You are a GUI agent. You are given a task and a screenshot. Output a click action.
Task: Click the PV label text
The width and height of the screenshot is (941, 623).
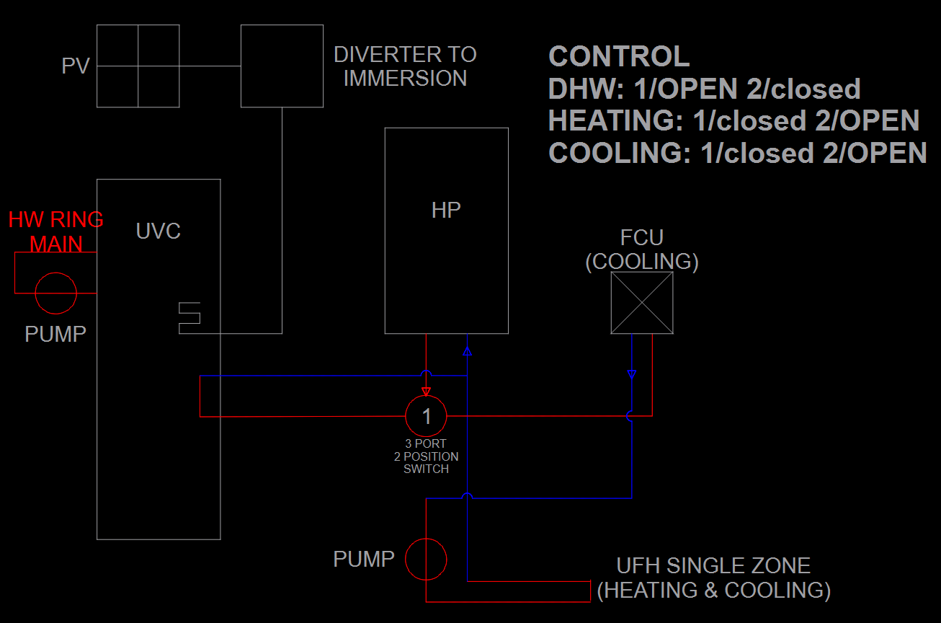(76, 66)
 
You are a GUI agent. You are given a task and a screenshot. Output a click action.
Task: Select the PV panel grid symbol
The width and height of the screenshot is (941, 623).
(138, 66)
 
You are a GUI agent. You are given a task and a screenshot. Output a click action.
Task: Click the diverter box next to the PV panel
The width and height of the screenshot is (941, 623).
(281, 66)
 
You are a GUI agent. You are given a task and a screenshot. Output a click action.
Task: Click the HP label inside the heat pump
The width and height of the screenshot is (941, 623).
(446, 210)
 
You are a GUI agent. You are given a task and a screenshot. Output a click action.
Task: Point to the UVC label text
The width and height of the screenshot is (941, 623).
(158, 231)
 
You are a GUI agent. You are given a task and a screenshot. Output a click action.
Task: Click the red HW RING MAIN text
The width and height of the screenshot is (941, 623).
(55, 231)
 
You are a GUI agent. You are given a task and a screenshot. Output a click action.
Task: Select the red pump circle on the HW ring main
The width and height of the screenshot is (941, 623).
(55, 293)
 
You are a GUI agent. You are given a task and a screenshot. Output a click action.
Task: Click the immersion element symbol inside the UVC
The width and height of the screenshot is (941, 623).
(189, 318)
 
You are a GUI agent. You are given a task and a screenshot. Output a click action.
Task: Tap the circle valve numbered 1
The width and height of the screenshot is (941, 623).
(426, 416)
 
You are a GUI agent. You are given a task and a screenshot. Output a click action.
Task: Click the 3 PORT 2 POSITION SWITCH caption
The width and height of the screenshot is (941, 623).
(426, 456)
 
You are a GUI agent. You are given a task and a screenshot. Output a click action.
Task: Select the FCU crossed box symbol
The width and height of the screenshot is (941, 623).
(642, 303)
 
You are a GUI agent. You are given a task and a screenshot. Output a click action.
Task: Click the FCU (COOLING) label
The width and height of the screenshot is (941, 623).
(642, 249)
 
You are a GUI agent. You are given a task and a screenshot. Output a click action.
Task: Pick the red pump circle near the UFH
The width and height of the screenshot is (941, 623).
(426, 559)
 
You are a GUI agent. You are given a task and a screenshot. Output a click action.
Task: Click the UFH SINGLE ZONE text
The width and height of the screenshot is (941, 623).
(713, 565)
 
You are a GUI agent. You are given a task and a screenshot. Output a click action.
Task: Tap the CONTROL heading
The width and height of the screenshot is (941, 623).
(619, 56)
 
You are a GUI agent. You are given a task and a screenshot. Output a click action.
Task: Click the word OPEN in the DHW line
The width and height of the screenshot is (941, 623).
(696, 89)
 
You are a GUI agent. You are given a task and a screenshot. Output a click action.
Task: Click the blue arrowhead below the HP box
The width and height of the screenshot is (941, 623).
(468, 352)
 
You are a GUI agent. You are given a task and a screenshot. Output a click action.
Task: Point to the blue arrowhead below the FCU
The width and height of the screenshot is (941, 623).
(632, 374)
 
